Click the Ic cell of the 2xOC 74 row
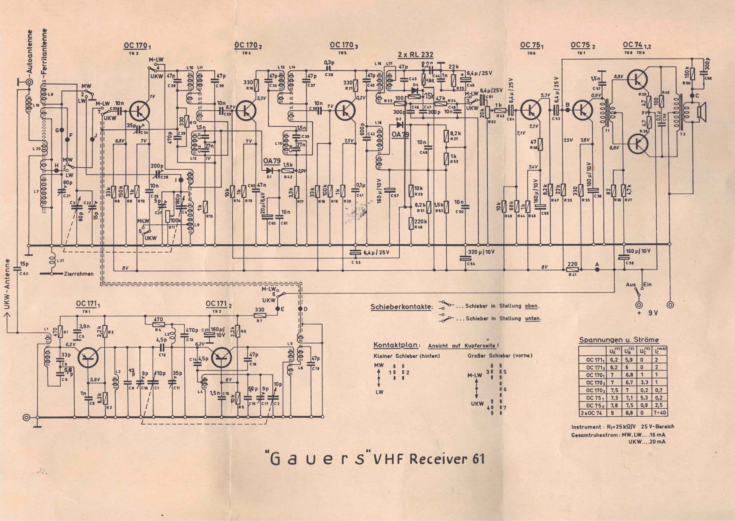(x=659, y=413)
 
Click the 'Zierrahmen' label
(x=79, y=274)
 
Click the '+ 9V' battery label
(x=645, y=313)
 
